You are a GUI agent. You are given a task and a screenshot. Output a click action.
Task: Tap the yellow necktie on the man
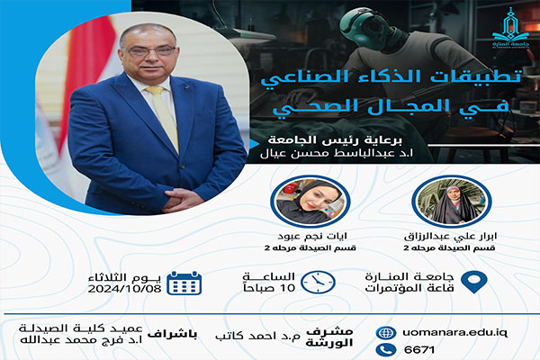point(164,117)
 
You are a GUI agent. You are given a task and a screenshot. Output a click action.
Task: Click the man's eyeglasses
point(151,51)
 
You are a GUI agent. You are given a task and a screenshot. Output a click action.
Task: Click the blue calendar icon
point(184,283)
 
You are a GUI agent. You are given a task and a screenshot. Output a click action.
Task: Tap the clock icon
point(318,283)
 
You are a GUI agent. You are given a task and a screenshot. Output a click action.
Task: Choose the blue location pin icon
point(474,282)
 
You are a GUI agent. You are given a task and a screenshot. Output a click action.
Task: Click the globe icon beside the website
point(386,333)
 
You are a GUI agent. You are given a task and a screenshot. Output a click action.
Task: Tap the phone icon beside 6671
point(386,350)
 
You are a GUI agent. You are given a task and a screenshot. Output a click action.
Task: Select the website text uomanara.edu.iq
point(454,333)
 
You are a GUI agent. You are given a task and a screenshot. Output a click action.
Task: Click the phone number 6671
point(419,350)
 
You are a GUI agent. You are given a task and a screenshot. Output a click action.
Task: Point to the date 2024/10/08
point(125,289)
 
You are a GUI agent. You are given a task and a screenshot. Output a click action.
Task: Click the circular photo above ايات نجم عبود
point(310,202)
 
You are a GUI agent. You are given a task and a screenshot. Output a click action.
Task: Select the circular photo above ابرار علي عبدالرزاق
point(452,202)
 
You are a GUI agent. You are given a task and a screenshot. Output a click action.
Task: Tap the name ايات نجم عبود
point(312,237)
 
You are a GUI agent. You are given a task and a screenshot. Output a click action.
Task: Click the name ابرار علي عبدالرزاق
point(450,237)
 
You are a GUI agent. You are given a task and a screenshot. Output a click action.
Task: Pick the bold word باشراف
point(172,335)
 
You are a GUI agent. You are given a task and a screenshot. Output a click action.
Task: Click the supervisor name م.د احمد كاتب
point(257,335)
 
